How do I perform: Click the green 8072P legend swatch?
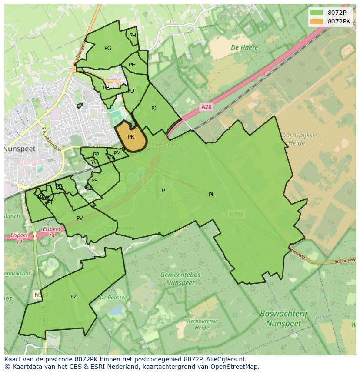point(317,13)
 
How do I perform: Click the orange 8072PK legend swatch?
point(317,21)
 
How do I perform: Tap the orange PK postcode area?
point(130,137)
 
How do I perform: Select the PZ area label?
point(73,297)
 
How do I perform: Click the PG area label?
point(108,48)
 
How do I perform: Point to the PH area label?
point(133,36)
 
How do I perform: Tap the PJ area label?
point(154,109)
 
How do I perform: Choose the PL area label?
point(212,195)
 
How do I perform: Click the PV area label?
point(80,218)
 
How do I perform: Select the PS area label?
point(94,181)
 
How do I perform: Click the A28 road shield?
point(207,106)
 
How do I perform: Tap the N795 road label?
point(236,214)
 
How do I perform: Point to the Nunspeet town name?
point(20,149)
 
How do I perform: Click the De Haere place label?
point(244,48)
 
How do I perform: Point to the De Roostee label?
point(113,298)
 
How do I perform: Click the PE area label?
point(132,65)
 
